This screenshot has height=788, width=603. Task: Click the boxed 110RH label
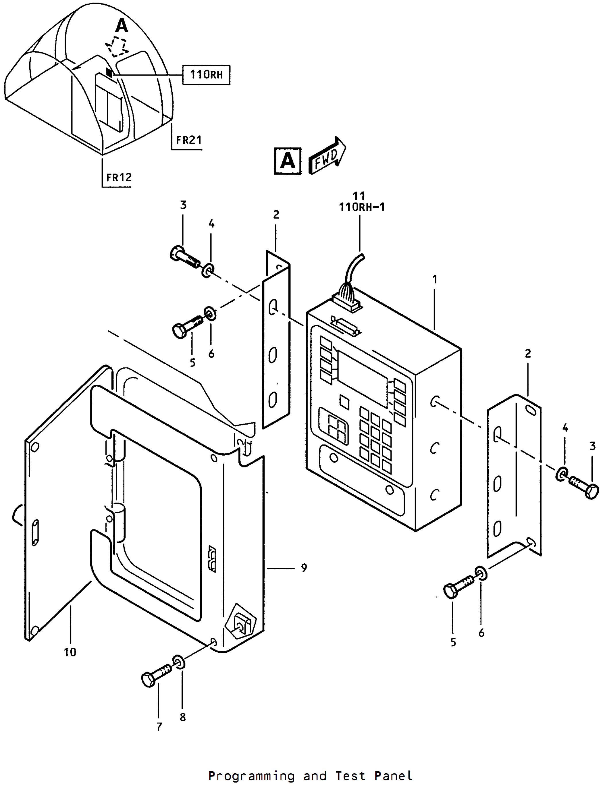tap(206, 75)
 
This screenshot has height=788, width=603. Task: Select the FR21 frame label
tap(189, 140)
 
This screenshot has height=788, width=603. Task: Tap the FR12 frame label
tap(119, 177)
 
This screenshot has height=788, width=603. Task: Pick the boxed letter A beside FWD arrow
tap(288, 161)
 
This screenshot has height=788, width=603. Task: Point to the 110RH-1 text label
tap(362, 207)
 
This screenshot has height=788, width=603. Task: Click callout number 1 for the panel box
tap(435, 279)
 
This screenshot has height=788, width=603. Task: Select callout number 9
tap(304, 568)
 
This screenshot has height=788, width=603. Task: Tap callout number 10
tap(70, 652)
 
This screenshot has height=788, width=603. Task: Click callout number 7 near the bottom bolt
tap(159, 727)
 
